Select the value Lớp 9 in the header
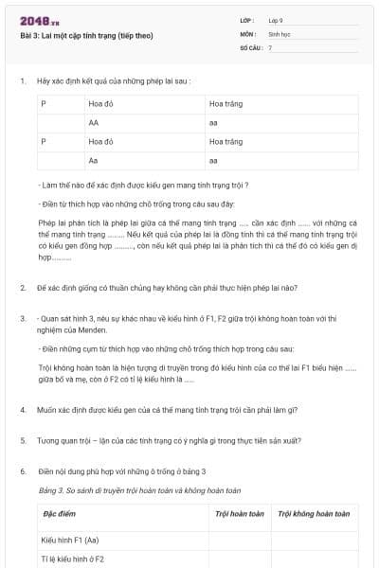(x=276, y=20)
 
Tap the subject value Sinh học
(x=280, y=33)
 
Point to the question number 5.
(x=23, y=440)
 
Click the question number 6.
(x=23, y=470)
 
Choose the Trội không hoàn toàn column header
(x=314, y=514)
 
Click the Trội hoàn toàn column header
(x=239, y=514)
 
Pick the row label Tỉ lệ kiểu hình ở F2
(x=73, y=559)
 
